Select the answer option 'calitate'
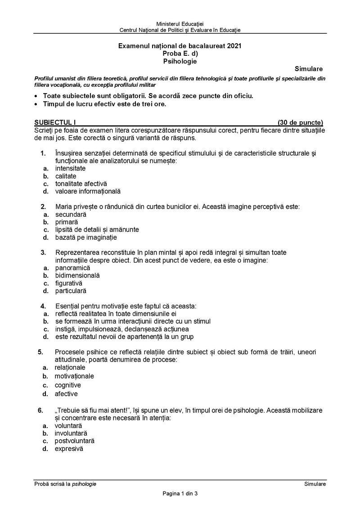(x=66, y=176)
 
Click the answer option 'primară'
(x=67, y=222)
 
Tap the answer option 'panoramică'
(x=73, y=268)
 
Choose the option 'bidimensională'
(x=77, y=275)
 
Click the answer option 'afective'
(x=66, y=394)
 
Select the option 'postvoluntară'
(x=74, y=441)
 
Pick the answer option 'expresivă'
(x=69, y=448)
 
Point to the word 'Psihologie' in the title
(x=180, y=61)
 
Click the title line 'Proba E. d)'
(x=180, y=53)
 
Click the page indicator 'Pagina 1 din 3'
(x=180, y=493)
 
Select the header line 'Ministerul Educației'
(x=180, y=23)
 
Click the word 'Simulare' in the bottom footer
(x=315, y=483)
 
